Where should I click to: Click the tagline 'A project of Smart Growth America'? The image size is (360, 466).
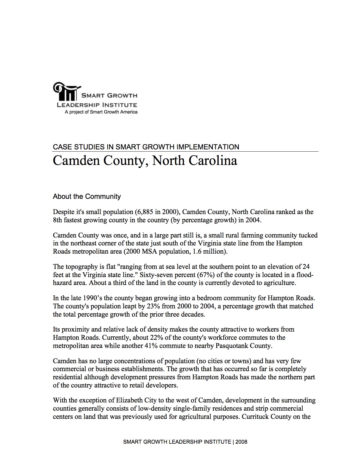click(101, 112)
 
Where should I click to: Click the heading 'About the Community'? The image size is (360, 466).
click(87, 197)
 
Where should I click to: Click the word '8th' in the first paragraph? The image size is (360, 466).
click(57, 220)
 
